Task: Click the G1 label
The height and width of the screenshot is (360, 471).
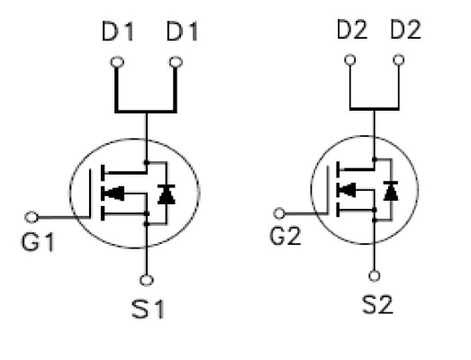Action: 38,242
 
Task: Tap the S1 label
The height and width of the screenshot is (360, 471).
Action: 148,310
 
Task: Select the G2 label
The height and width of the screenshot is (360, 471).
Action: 285,236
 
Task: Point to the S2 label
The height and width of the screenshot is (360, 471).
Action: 377,305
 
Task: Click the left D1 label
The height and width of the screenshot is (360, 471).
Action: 118,31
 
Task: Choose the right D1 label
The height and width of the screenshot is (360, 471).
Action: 182,31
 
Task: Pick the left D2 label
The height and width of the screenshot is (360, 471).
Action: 352,30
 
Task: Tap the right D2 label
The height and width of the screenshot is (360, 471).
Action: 405,30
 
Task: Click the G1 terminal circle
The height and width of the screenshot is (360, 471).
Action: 32,217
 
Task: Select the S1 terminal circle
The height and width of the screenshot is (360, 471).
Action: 147,280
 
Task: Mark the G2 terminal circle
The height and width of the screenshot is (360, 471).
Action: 279,214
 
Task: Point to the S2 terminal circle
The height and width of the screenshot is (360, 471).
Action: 375,275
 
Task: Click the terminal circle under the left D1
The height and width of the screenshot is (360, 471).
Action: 117,62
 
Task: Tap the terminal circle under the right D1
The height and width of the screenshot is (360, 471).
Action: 176,62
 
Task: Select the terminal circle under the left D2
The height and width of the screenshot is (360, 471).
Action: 350,59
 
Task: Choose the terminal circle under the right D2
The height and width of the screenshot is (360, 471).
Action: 399,59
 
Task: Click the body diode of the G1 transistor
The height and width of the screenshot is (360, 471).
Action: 167,194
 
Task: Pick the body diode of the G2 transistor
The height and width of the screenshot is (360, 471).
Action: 391,191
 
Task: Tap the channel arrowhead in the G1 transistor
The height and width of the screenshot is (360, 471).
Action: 114,193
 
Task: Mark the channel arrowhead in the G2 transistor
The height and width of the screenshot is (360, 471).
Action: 348,190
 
